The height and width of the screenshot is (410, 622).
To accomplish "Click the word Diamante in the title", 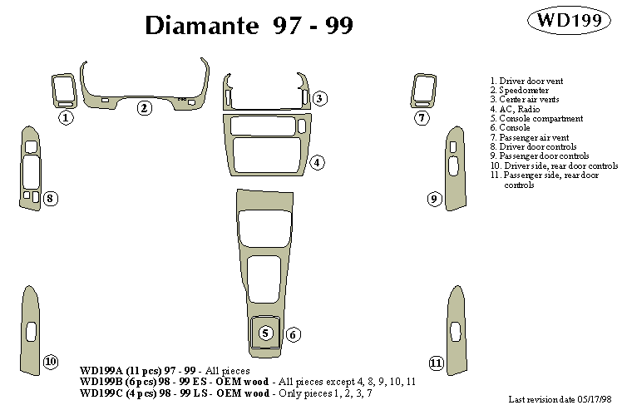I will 203,25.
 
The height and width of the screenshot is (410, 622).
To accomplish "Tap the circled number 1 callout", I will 66,118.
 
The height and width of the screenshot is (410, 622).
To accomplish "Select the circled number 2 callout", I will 144,107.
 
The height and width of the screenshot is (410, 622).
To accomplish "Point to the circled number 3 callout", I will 320,99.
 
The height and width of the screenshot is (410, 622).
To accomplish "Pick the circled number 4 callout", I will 317,162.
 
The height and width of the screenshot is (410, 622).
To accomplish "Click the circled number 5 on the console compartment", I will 266,333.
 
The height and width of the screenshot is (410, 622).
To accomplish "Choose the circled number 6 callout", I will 293,334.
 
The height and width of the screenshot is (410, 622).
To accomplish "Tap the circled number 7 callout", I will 422,118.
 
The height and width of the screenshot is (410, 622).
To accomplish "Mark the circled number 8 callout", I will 51,198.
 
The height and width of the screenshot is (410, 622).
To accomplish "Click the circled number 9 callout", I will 433,199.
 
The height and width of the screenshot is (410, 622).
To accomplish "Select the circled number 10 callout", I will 51,362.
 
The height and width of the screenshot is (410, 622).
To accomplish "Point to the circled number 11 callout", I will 436,363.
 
